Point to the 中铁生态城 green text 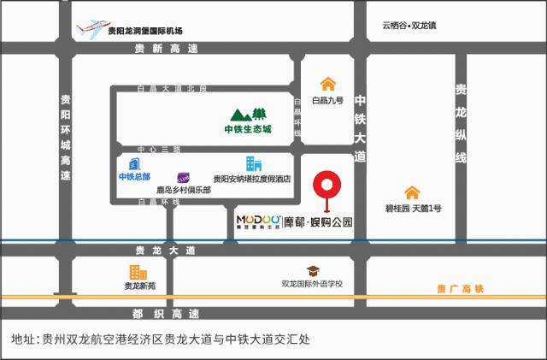[247, 130]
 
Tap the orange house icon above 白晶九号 [327, 84]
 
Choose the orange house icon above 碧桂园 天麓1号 [412, 192]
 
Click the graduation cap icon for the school [312, 269]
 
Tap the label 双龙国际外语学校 [312, 284]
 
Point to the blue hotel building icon [253, 163]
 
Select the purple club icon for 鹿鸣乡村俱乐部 [184, 176]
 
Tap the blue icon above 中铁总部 [133, 162]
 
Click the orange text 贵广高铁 [460, 288]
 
